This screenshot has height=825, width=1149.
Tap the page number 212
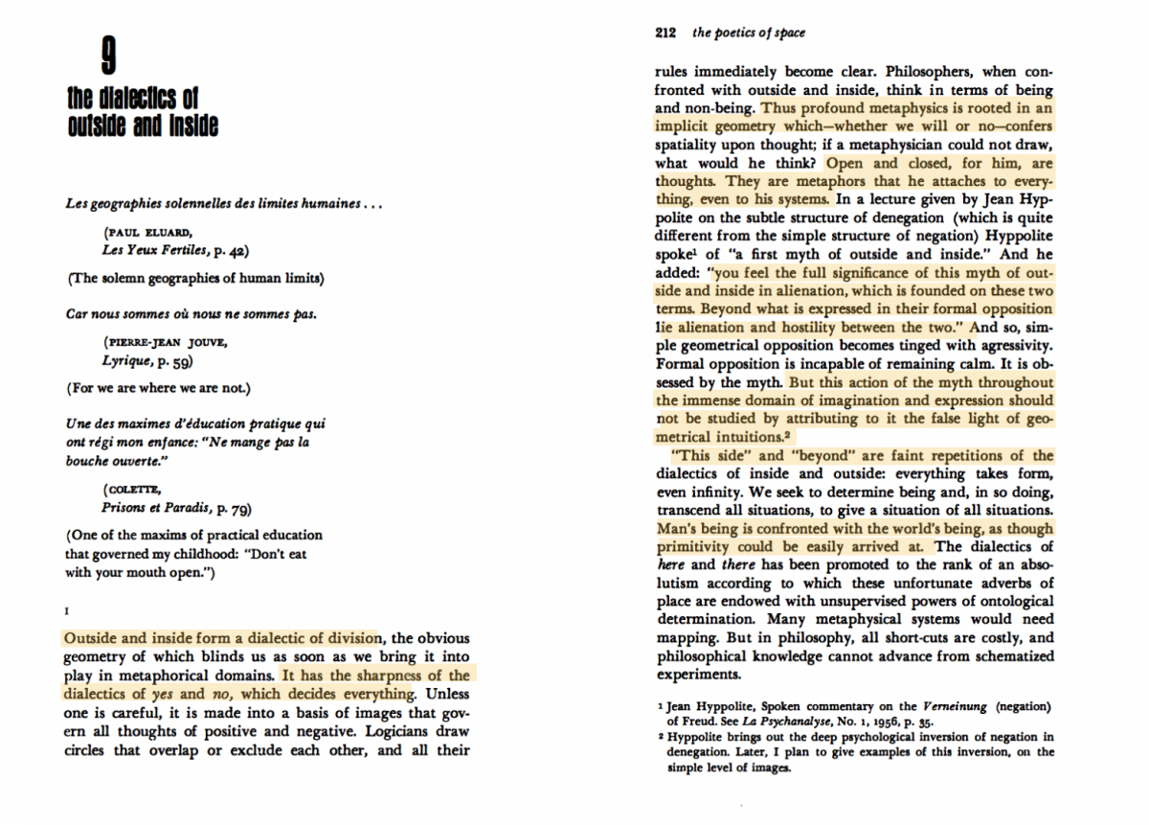[x=666, y=33]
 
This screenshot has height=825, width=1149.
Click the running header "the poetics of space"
[x=748, y=33]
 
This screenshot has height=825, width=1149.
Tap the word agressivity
[x=1011, y=345]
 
